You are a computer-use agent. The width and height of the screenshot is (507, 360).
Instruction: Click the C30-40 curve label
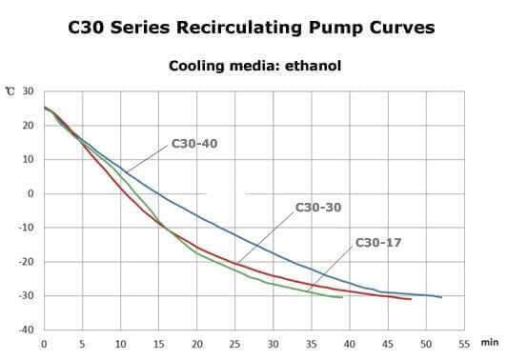pyautogui.click(x=194, y=144)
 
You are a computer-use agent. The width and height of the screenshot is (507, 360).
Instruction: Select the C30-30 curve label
pyautogui.click(x=318, y=208)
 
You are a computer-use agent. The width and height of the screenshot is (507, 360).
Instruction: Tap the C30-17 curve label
pyautogui.click(x=378, y=242)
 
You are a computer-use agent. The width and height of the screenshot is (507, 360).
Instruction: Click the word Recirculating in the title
pyautogui.click(x=239, y=28)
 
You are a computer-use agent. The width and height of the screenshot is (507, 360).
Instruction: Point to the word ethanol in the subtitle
pyautogui.click(x=313, y=66)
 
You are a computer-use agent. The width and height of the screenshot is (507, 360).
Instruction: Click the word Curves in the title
pyautogui.click(x=402, y=28)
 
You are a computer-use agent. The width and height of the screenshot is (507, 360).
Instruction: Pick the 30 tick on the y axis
pyautogui.click(x=29, y=91)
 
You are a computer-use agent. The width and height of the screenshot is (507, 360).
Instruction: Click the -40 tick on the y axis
pyautogui.click(x=26, y=330)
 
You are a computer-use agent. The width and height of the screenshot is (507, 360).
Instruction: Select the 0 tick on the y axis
pyautogui.click(x=30, y=193)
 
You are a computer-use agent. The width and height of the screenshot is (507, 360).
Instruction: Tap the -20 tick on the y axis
pyautogui.click(x=26, y=262)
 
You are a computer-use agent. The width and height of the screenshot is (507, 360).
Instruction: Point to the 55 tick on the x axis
pyautogui.click(x=464, y=344)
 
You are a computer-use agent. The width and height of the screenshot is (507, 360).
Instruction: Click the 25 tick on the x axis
pyautogui.click(x=235, y=344)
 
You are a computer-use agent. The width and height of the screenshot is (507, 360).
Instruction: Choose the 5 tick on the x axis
pyautogui.click(x=82, y=344)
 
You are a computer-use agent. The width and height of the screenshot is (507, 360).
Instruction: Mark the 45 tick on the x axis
pyautogui.click(x=388, y=344)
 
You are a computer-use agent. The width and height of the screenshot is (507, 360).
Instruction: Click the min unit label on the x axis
pyautogui.click(x=490, y=342)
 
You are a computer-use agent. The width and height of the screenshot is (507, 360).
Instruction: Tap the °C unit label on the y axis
pyautogui.click(x=10, y=91)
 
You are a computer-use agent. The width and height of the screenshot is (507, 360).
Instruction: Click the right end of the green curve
pyautogui.click(x=342, y=297)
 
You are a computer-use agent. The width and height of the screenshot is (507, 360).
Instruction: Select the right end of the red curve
pyautogui.click(x=411, y=299)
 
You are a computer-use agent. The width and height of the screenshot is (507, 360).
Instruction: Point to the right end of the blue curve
pyautogui.click(x=441, y=297)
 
